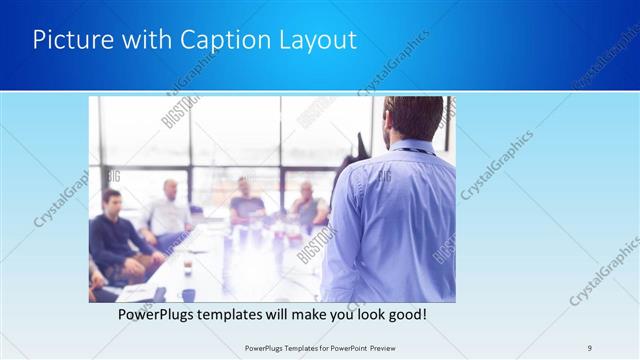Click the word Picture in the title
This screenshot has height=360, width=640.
tap(68, 40)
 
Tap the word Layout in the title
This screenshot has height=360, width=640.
tap(318, 40)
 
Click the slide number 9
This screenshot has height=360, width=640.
tap(589, 348)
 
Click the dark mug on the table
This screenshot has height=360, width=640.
tap(188, 294)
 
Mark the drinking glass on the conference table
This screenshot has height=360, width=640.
tap(187, 268)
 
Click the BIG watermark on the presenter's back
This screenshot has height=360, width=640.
tap(383, 176)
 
